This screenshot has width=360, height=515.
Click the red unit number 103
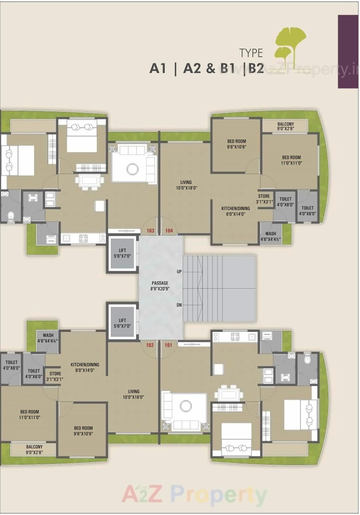[x=150, y=231]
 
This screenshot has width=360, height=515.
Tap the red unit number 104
[x=169, y=231]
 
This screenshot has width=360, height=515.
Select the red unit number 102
[x=150, y=345]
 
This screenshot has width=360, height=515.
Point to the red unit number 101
[x=168, y=345]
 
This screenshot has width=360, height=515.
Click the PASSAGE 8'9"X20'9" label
[x=160, y=286]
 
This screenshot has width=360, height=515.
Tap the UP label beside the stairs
[x=179, y=272]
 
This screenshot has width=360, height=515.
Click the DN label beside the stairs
[x=179, y=305]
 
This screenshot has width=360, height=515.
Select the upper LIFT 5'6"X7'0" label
[x=122, y=253]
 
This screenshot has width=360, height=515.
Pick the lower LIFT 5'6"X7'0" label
[x=122, y=323]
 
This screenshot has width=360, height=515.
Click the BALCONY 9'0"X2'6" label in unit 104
[x=286, y=126]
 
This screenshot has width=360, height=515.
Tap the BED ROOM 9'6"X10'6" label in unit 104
[x=236, y=144]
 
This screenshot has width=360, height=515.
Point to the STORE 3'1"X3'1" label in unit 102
[x=55, y=376]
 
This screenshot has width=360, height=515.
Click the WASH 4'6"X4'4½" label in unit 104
[x=271, y=236]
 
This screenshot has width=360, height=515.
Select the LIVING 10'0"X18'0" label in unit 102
[x=133, y=394]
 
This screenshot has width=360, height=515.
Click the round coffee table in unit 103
[x=132, y=169]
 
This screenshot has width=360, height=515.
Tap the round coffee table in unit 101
[x=186, y=406]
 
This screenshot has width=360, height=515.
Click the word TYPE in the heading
[x=251, y=53]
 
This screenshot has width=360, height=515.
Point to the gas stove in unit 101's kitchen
[x=235, y=337]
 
